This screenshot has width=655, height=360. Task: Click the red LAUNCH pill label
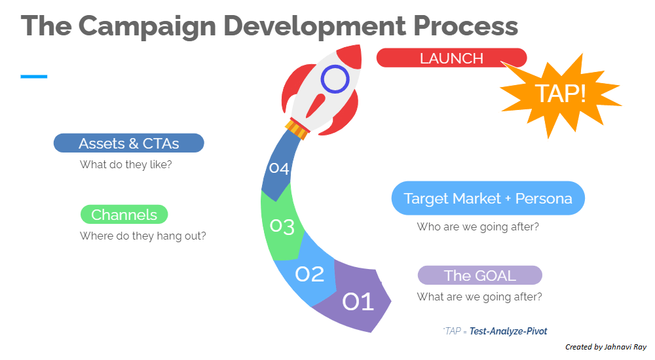point(451,58)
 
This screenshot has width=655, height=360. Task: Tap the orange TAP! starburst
point(560,94)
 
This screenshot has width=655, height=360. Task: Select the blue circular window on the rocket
point(335,79)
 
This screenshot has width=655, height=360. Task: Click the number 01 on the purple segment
point(358,301)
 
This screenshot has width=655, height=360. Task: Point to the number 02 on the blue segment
point(310,274)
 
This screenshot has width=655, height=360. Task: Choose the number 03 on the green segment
point(282,226)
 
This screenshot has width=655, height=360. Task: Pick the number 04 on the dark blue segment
point(279,168)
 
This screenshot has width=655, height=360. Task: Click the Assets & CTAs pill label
point(128,143)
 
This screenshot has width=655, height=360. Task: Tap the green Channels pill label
point(124,215)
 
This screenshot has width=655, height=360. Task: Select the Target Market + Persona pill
point(488,198)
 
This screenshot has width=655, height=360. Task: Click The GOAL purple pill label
point(480,275)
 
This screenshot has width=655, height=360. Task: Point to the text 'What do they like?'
point(126,164)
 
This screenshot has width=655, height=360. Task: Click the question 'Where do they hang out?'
point(143,236)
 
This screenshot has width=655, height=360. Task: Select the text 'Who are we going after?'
point(478,226)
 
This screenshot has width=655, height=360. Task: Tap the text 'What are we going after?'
point(479,297)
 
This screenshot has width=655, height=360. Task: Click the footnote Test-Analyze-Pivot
point(508,331)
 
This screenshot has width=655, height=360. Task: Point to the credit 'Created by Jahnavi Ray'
point(606,347)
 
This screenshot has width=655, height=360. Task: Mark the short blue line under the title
point(34,77)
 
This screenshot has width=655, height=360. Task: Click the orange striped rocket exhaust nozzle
point(297,129)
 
